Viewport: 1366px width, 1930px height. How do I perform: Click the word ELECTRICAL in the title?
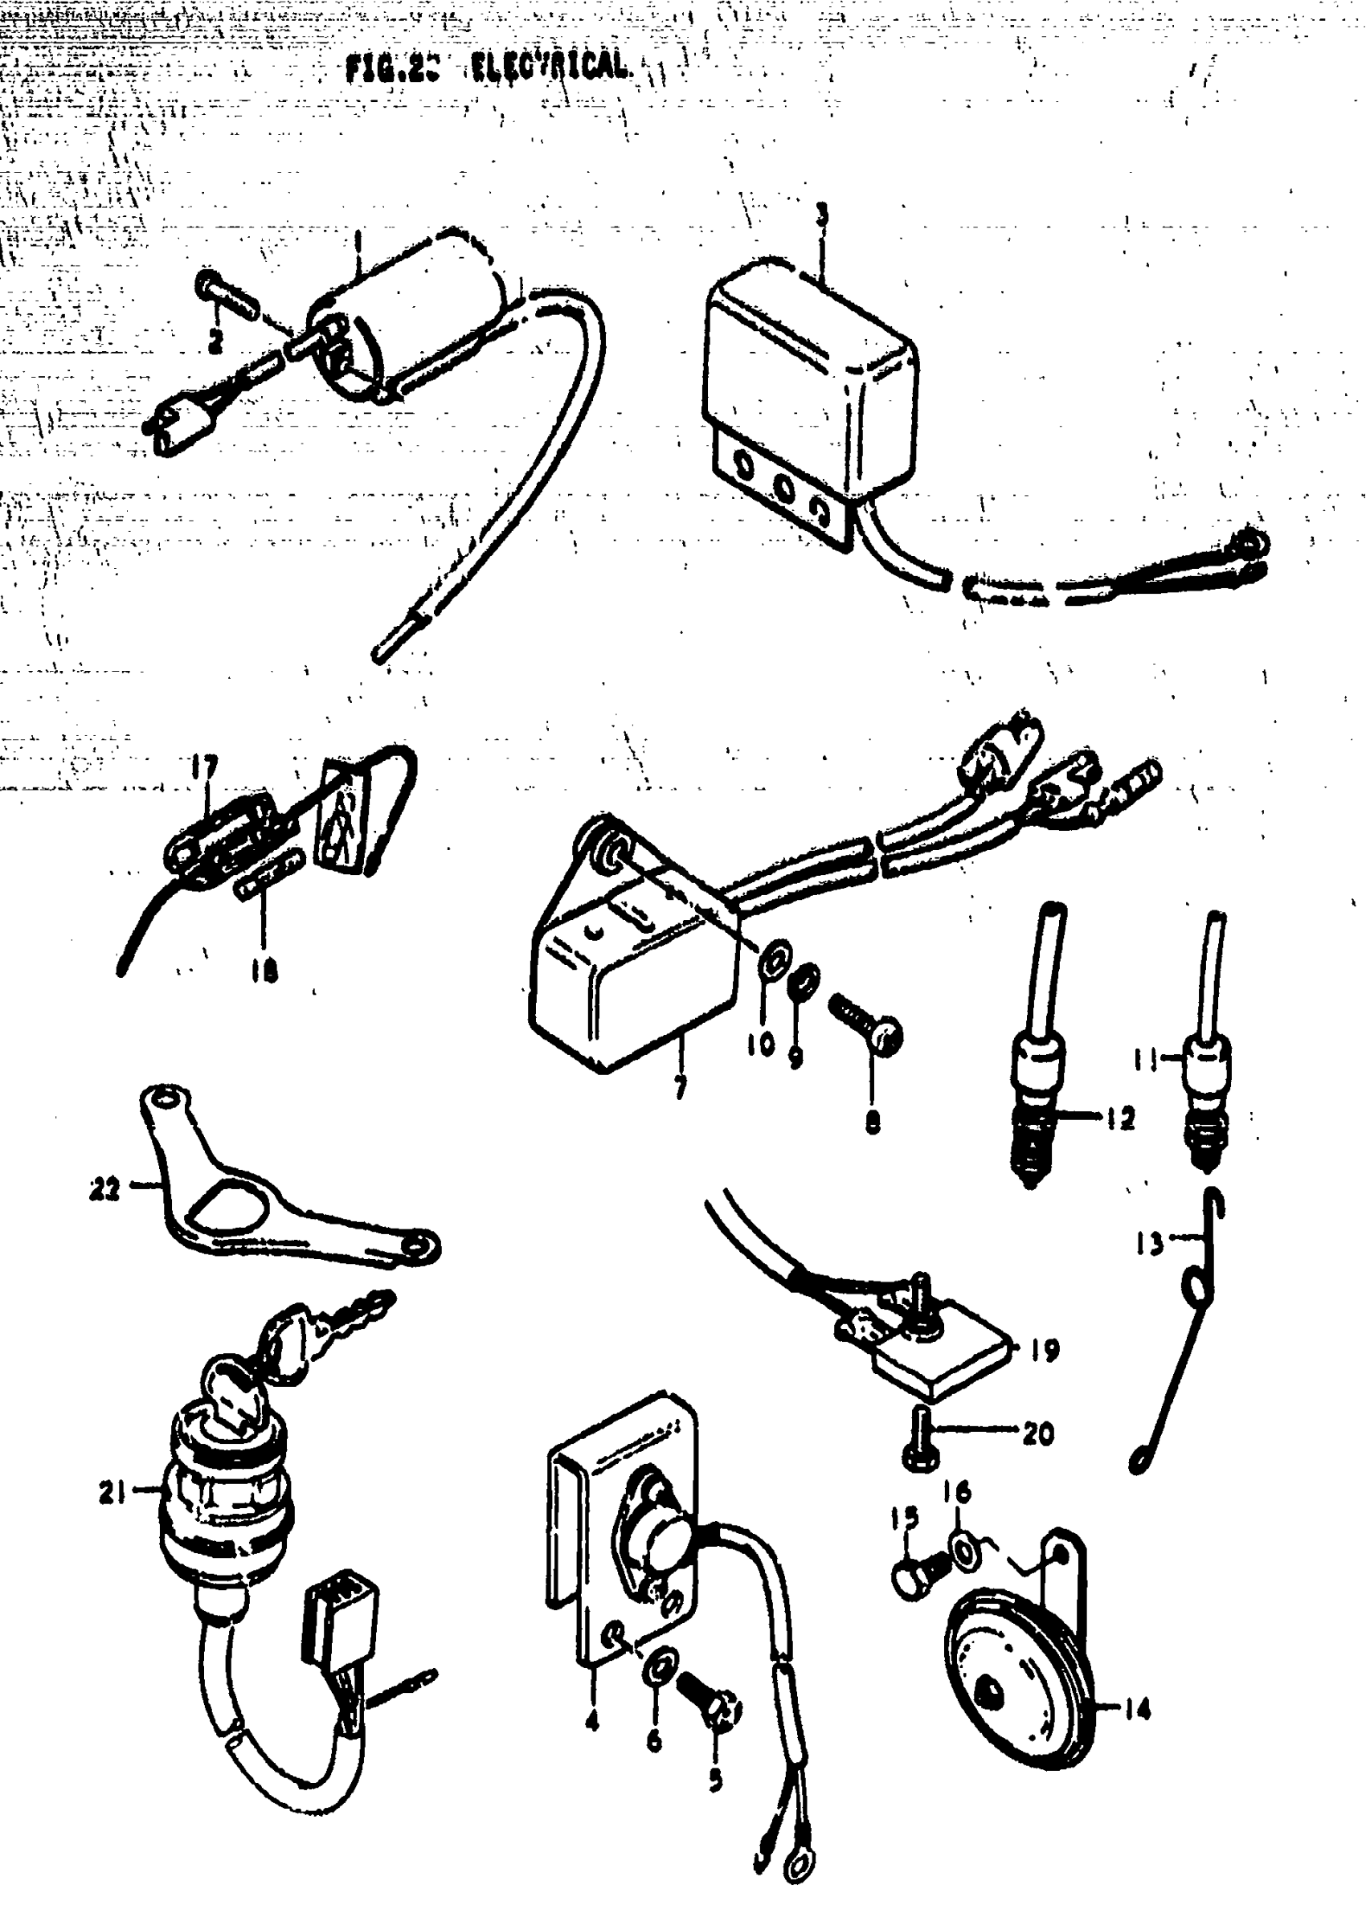549,67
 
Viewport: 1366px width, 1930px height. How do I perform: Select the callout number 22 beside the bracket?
105,1190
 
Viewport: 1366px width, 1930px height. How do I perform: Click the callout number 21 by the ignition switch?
112,1493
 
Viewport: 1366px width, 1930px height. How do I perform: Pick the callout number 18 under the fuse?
264,972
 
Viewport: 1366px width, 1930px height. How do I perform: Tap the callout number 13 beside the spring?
1149,1243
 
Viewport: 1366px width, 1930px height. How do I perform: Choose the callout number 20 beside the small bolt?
1038,1432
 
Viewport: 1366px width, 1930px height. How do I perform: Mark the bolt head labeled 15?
912,1580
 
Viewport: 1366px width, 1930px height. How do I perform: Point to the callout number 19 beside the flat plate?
1045,1351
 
